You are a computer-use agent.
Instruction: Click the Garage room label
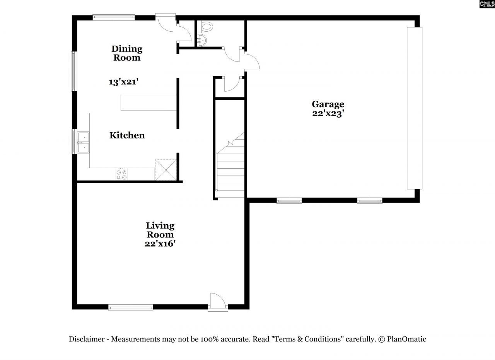point(328,104)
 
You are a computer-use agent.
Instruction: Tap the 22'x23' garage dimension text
point(328,114)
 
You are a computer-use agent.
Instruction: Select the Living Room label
point(160,230)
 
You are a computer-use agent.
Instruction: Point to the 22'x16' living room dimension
point(160,244)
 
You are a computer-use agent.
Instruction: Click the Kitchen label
point(127,135)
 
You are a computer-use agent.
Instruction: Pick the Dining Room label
point(127,53)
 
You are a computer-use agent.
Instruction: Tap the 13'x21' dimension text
point(123,82)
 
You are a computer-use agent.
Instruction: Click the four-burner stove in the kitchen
point(121,174)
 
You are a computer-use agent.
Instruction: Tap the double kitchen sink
point(83,142)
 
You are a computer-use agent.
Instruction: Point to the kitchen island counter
point(149,102)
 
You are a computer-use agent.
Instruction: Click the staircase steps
point(230,170)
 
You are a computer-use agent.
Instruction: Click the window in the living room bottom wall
point(131,307)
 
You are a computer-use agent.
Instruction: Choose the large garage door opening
point(414,108)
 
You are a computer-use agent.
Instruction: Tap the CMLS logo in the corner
point(487,4)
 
